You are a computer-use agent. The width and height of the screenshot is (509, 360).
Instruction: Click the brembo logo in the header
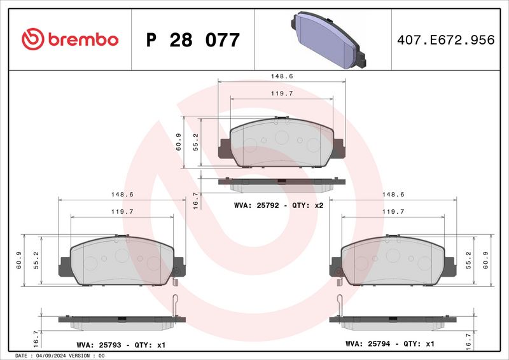[x=70, y=39]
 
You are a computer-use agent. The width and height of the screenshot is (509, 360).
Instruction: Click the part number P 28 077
[x=193, y=40]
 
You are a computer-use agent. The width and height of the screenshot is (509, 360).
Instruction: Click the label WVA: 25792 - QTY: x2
[x=279, y=206]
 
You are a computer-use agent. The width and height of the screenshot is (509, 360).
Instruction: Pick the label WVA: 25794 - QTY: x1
[x=389, y=344]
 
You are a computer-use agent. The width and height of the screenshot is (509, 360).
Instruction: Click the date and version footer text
[x=59, y=356]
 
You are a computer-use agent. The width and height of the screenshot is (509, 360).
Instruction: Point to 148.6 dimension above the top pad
[x=281, y=76]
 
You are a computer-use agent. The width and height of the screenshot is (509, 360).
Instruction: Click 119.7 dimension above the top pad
[x=281, y=93]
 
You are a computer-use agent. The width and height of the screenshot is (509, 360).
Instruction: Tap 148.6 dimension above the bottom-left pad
[x=122, y=195]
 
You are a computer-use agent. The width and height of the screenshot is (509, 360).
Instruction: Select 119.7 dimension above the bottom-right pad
[x=393, y=211]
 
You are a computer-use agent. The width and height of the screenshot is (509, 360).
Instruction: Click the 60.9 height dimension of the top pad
[x=179, y=145]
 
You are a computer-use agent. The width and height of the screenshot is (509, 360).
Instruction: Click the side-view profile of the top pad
[x=281, y=184]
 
